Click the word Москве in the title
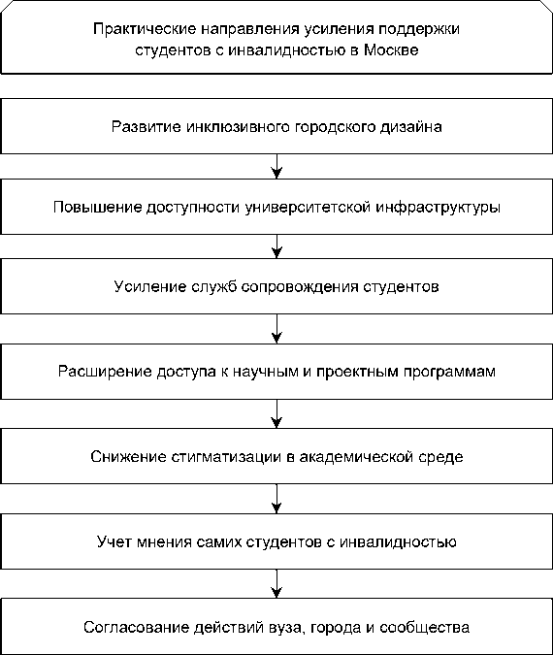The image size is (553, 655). click(x=391, y=50)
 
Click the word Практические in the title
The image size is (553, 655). click(x=145, y=29)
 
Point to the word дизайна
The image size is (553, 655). click(x=410, y=127)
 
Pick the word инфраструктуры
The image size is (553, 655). click(x=439, y=208)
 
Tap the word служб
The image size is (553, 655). click(x=213, y=286)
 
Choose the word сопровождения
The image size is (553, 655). click(x=300, y=287)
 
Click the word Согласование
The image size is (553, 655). click(x=136, y=628)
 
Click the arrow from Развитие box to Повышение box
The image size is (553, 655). click(x=276, y=166)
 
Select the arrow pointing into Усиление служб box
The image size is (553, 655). click(x=276, y=246)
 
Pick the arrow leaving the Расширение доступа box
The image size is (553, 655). click(x=276, y=413)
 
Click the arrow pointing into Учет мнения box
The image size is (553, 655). click(x=276, y=499)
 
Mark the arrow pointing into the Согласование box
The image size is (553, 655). click(x=276, y=583)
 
